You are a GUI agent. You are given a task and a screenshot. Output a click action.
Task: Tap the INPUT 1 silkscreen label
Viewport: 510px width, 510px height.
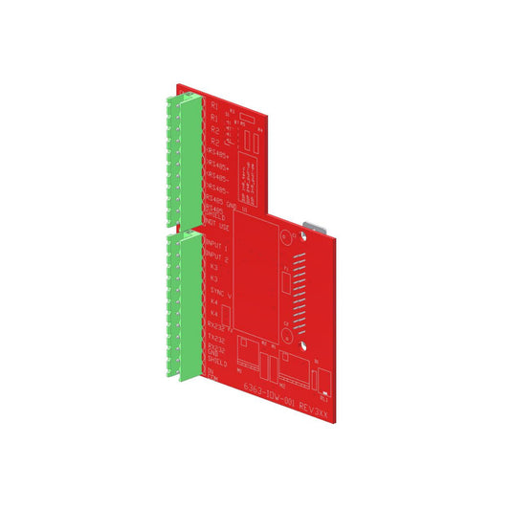pyautogui.click(x=216, y=245)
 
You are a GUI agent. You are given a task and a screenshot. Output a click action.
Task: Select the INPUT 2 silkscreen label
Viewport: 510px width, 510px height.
pyautogui.click(x=216, y=257)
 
